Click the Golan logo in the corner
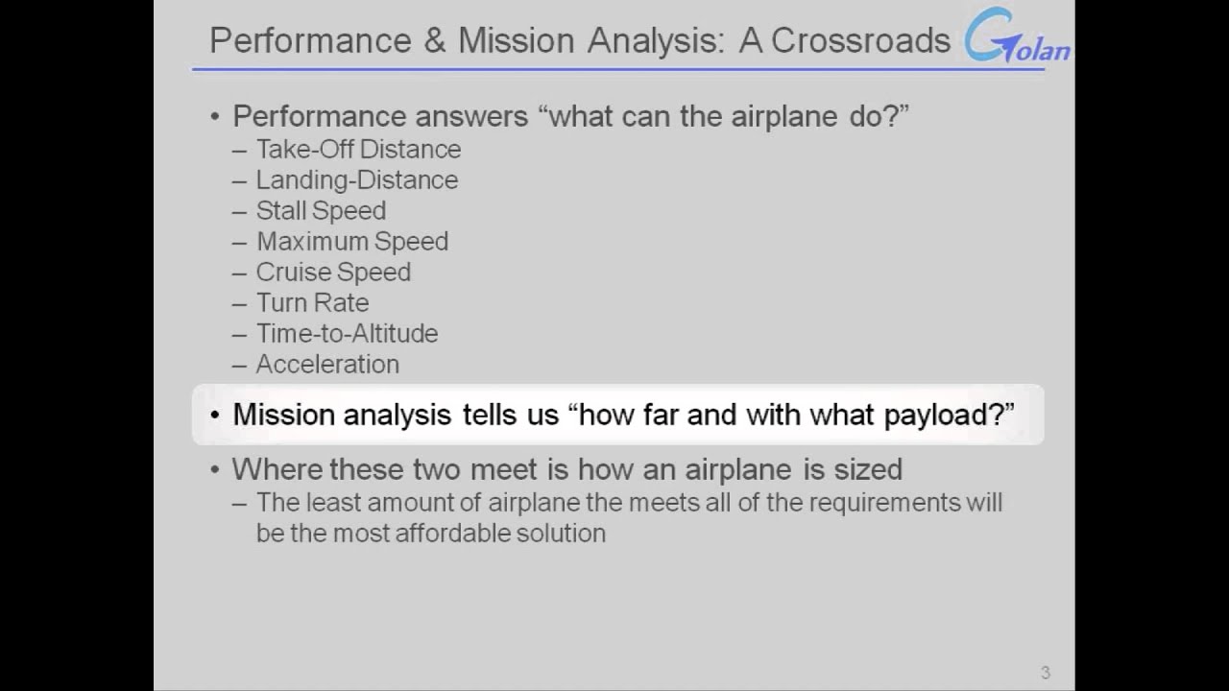1018,38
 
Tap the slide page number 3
1046,673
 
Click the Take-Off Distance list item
358,150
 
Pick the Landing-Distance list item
356,180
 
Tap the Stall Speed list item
321,211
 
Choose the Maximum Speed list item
351,242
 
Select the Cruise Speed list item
333,273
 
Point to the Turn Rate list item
312,303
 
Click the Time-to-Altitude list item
347,334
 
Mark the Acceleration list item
327,365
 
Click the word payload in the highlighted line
945,416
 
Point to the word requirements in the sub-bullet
867,503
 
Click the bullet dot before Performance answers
215,117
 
